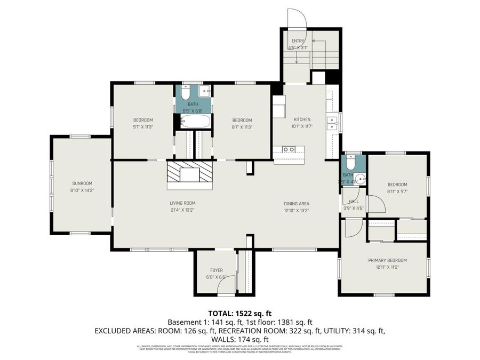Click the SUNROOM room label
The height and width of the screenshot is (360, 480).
(x=82, y=183)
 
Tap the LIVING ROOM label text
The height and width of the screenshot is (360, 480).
(x=182, y=203)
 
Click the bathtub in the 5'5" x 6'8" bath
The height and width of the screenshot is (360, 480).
(x=193, y=122)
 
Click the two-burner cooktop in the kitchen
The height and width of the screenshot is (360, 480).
(x=289, y=150)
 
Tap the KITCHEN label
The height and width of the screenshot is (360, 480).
(x=302, y=119)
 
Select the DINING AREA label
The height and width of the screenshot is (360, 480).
(x=297, y=203)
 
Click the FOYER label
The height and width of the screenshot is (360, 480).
(x=216, y=270)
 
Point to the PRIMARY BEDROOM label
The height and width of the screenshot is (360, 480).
(x=387, y=260)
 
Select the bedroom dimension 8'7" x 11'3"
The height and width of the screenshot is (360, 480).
(x=242, y=127)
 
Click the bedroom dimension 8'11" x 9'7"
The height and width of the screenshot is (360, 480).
(x=397, y=191)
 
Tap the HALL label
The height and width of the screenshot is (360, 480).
(x=354, y=202)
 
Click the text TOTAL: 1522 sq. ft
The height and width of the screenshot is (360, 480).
(x=239, y=313)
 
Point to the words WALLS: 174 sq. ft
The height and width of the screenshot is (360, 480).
(x=239, y=339)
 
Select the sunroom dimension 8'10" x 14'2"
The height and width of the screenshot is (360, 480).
(x=82, y=190)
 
